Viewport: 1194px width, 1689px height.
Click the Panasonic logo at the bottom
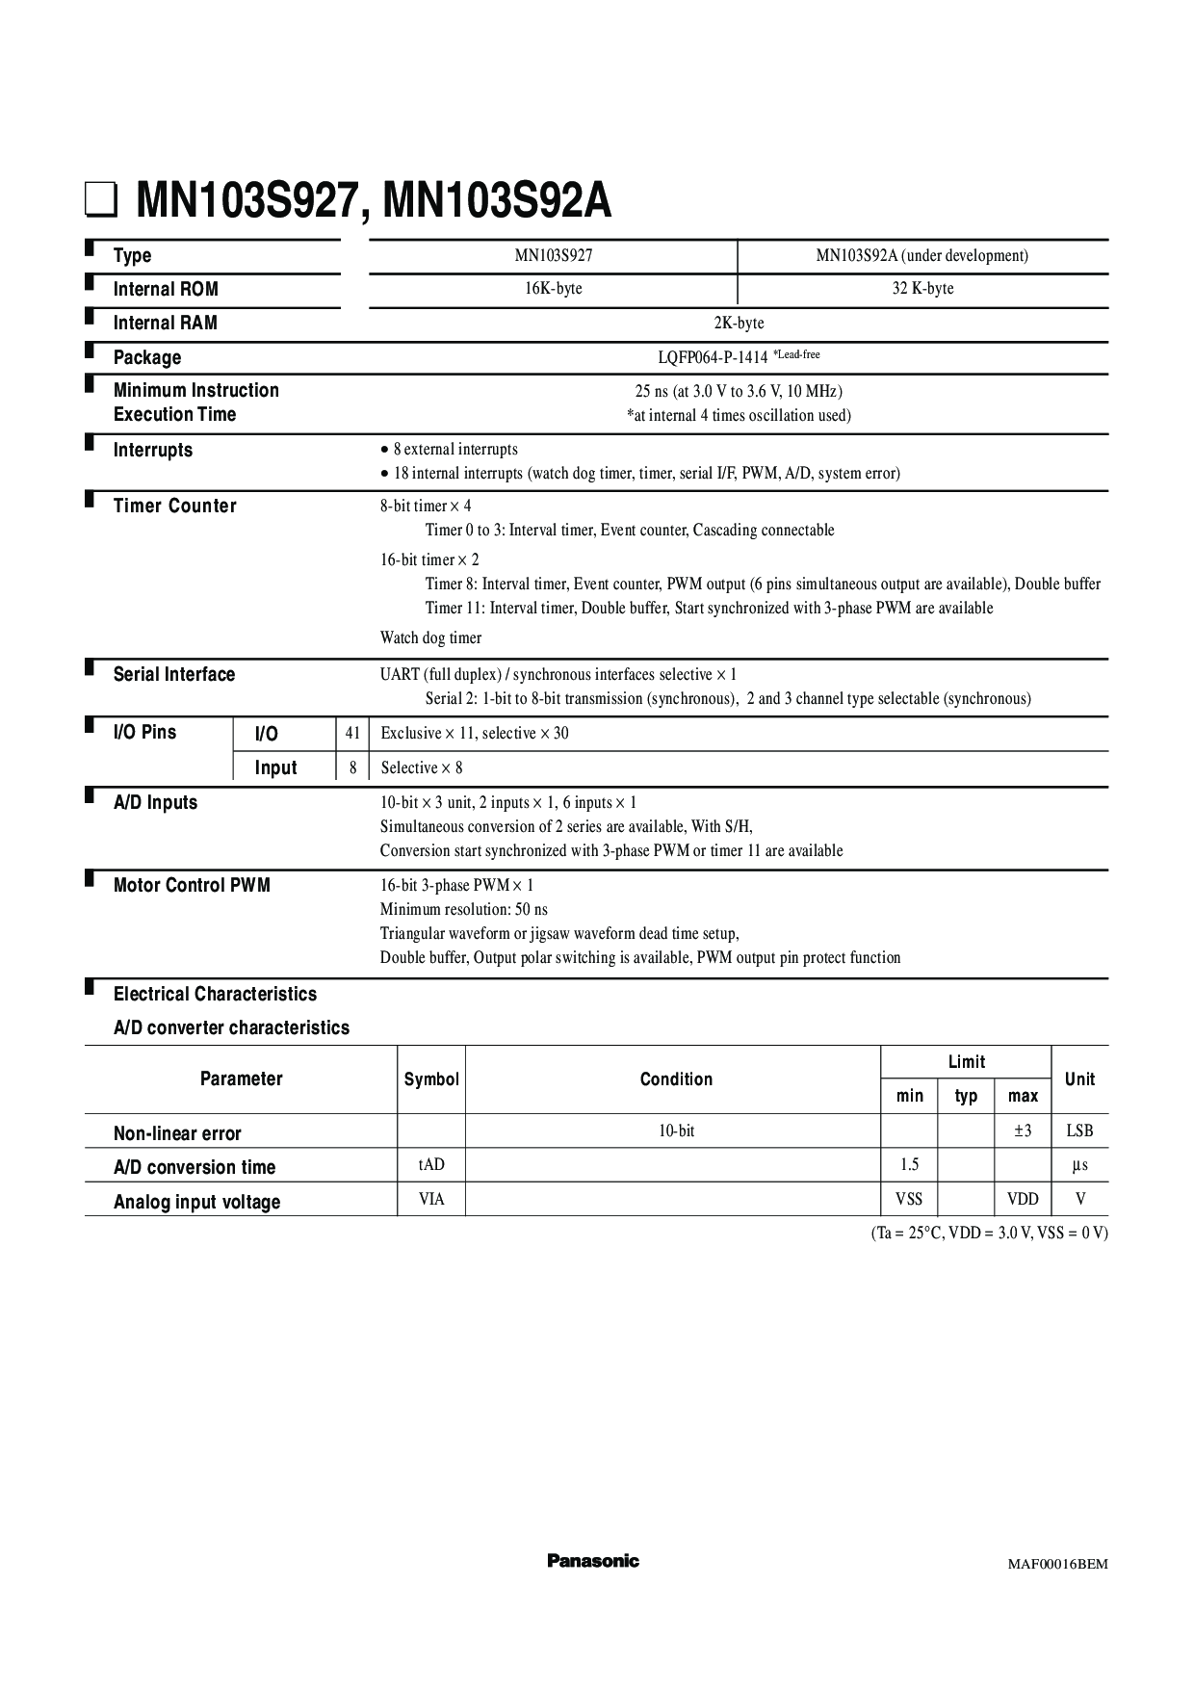point(593,1561)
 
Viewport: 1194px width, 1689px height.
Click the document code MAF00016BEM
point(1057,1564)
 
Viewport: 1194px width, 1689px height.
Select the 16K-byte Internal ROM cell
point(554,289)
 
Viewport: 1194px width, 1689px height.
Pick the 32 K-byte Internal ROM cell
point(922,289)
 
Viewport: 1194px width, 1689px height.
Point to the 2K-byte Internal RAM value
point(739,324)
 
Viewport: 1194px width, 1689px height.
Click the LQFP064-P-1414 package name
point(713,357)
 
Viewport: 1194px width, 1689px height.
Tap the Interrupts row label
point(153,451)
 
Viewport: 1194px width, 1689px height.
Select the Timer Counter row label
point(174,507)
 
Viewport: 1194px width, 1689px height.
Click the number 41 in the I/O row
point(352,734)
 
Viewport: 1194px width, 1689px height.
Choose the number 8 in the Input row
point(353,768)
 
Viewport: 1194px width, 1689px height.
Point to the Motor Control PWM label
point(192,886)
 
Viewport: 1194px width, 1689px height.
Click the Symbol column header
point(431,1079)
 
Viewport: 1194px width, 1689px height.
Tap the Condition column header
point(676,1079)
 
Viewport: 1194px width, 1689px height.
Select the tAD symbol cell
point(431,1165)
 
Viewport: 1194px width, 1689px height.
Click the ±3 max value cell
point(1023,1131)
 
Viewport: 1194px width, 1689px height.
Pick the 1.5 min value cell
point(909,1165)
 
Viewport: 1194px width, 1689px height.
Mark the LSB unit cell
point(1079,1131)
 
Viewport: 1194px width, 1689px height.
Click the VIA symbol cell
point(431,1199)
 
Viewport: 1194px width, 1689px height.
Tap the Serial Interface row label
point(174,675)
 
